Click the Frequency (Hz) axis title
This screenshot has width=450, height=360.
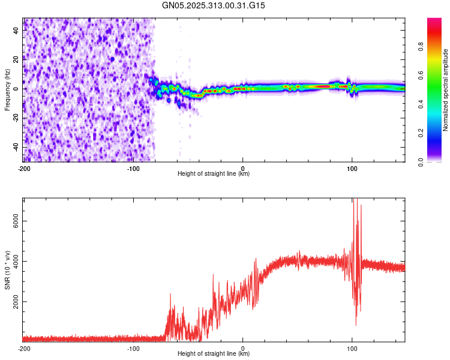point(7,89)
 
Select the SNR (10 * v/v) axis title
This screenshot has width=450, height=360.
point(7,269)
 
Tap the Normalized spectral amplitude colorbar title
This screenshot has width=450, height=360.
point(446,90)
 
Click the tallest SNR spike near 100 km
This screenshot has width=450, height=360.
point(355,201)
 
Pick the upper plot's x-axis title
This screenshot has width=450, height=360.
point(214,174)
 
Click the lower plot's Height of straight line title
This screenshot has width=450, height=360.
point(214,354)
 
